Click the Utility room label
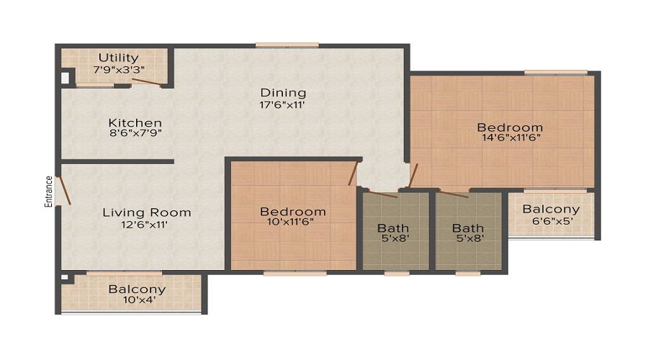coord(119,58)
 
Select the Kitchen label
coord(135,123)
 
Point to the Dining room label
coord(283,92)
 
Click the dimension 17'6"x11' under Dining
coord(283,105)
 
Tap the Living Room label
coord(146,212)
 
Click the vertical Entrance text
coord(49,192)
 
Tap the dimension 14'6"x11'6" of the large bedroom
coord(510,137)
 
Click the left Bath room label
coord(393,228)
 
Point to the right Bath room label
coord(468,228)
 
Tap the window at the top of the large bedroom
coord(555,72)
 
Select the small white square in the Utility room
coord(65,76)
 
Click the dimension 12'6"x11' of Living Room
coord(146,225)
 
